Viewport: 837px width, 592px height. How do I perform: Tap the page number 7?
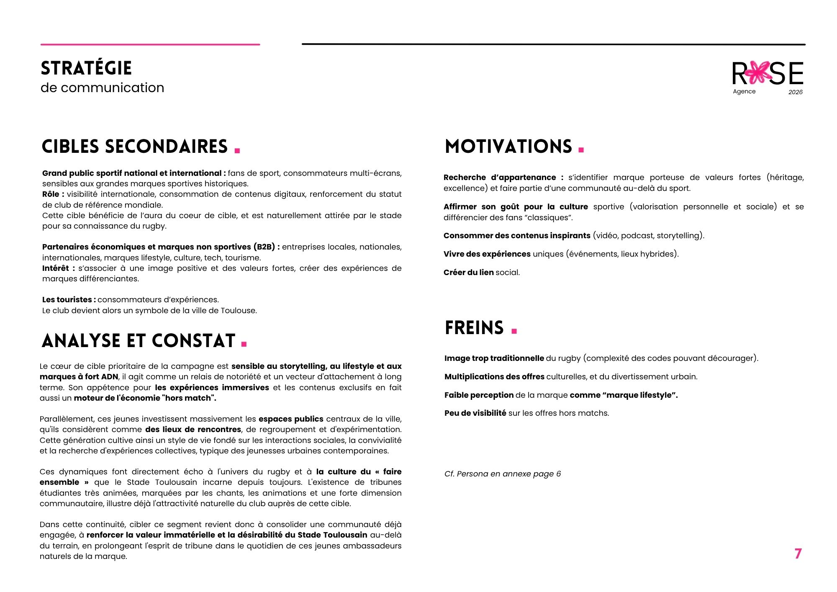click(x=798, y=553)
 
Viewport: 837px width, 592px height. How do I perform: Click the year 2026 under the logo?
click(x=795, y=92)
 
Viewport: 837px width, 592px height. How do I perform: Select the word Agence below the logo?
click(x=744, y=91)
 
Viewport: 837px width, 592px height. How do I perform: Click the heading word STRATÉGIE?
click(x=86, y=68)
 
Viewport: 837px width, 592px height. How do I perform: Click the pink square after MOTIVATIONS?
click(x=581, y=149)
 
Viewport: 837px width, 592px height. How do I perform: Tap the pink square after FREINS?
click(x=514, y=331)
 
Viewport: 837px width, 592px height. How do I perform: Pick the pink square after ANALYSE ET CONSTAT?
click(x=244, y=344)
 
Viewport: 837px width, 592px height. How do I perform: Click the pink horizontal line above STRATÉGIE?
click(x=150, y=44)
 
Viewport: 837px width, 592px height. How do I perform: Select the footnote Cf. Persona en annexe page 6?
click(x=502, y=474)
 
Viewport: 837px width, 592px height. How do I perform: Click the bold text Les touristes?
click(x=67, y=300)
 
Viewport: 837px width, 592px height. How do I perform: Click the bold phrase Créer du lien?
click(x=468, y=273)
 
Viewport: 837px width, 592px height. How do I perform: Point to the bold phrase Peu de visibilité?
click(x=475, y=413)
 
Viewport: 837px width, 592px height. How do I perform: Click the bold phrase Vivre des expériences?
click(x=487, y=254)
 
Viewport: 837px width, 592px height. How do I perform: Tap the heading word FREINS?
click(x=474, y=328)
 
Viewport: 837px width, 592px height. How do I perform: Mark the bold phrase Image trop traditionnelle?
click(x=494, y=358)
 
